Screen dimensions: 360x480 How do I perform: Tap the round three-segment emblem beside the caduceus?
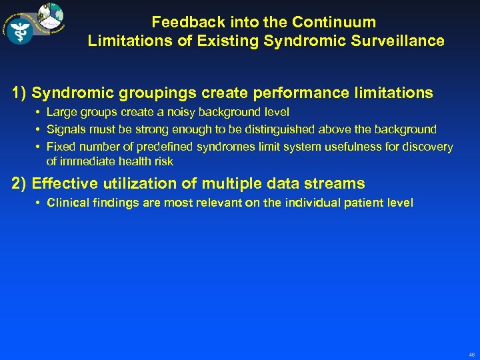(x=51, y=16)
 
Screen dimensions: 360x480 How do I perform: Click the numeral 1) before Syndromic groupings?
(x=19, y=93)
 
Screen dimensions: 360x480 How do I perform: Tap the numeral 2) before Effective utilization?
(x=19, y=183)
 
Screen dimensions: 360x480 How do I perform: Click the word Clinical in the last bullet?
(x=69, y=203)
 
